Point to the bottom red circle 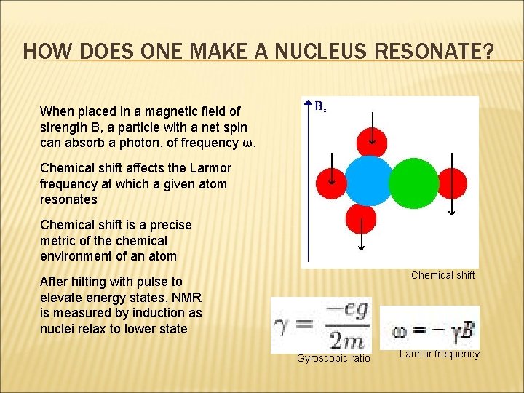click(x=360, y=219)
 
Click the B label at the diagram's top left click(x=318, y=106)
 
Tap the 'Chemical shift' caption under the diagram click(x=442, y=275)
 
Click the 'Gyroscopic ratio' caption click(x=333, y=358)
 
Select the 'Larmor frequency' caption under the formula click(x=440, y=354)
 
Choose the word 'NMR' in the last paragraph click(x=188, y=297)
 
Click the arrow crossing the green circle click(x=451, y=182)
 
